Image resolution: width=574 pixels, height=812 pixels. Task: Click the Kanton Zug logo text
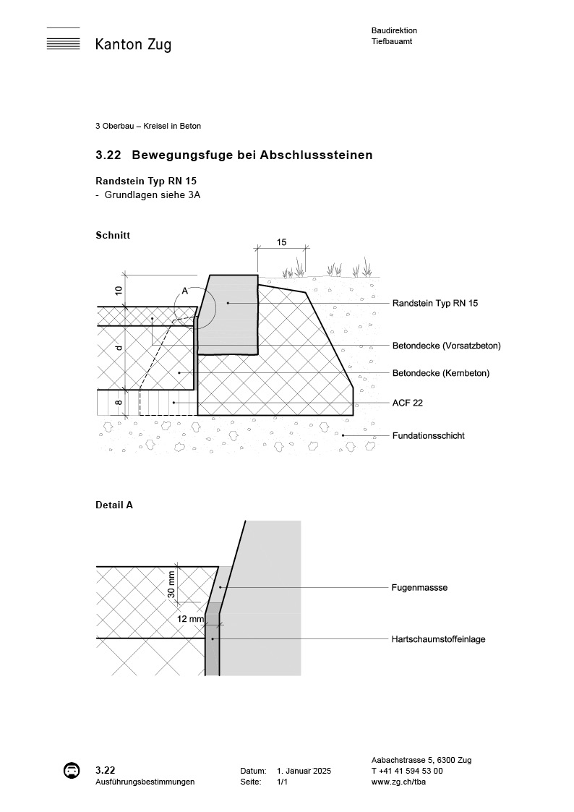(x=133, y=45)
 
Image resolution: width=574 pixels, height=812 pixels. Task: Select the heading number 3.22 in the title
(x=108, y=155)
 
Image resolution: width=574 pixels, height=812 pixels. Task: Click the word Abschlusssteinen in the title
(x=328, y=155)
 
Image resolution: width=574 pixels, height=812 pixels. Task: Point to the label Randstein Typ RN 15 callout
(x=434, y=303)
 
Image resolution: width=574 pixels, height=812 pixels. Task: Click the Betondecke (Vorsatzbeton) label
(x=446, y=345)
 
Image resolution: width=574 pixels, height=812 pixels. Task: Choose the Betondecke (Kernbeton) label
(x=440, y=373)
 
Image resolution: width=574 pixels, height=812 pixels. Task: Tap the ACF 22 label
(x=407, y=403)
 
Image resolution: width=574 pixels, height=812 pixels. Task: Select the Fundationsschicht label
(x=428, y=435)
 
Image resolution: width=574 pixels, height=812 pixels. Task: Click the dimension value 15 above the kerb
(x=281, y=242)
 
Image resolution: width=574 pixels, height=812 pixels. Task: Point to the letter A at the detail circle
(x=184, y=291)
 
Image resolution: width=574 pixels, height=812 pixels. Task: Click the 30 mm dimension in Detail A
(x=171, y=584)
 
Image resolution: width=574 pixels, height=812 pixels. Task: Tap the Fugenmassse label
(x=419, y=588)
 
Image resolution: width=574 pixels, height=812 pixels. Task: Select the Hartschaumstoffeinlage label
(x=438, y=639)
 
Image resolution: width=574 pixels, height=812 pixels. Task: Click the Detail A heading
(x=114, y=505)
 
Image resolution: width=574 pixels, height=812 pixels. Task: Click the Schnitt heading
(x=113, y=235)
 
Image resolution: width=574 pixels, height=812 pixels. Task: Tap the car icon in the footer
(x=71, y=770)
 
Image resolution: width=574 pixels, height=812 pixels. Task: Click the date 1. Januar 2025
(x=304, y=771)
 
